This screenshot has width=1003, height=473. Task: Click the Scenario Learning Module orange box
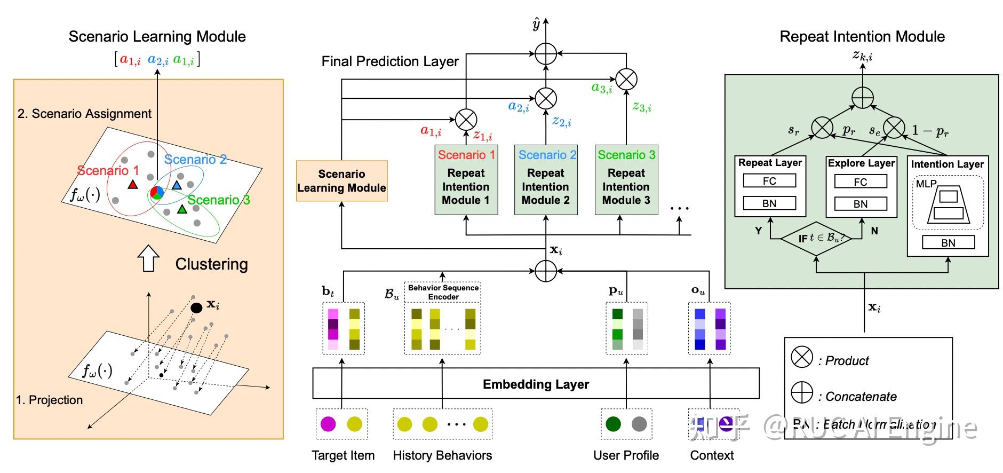[341, 181]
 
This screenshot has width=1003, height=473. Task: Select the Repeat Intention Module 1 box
[466, 180]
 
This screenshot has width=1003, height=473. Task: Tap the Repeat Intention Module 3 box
[626, 180]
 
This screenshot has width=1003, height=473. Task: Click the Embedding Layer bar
[536, 384]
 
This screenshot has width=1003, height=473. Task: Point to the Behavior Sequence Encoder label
[443, 292]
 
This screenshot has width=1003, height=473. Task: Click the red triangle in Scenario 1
[133, 185]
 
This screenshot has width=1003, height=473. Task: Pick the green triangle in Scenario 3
[182, 209]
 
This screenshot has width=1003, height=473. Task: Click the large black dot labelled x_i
[196, 308]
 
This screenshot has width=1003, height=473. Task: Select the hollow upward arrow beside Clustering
[148, 259]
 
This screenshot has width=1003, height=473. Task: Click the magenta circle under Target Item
[328, 424]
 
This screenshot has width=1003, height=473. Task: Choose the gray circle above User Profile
[639, 424]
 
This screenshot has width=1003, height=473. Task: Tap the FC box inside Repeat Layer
[769, 181]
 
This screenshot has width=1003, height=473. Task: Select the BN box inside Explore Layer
[860, 204]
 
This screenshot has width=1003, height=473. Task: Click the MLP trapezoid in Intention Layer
[948, 206]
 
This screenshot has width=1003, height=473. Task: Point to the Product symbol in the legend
[802, 358]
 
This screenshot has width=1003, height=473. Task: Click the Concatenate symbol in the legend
[802, 393]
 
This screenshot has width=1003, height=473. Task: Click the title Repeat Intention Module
[862, 37]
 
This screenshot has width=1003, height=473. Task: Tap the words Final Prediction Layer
[390, 62]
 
